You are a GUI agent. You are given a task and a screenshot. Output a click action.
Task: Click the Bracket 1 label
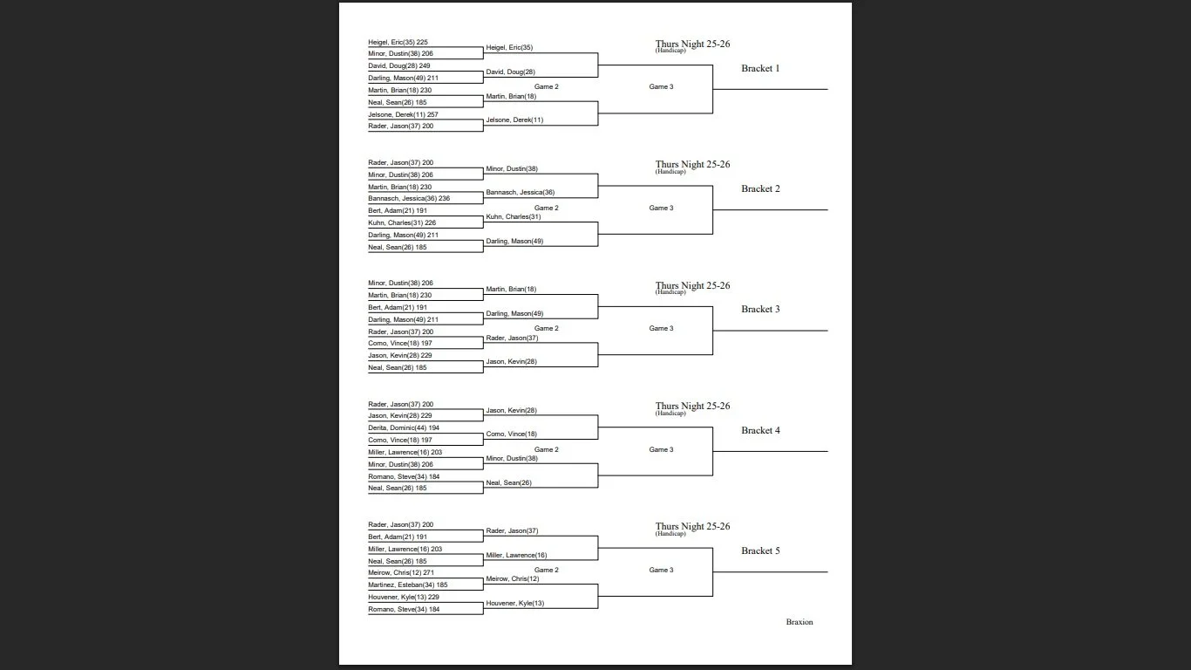(760, 68)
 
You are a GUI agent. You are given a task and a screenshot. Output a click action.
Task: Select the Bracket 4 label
(760, 430)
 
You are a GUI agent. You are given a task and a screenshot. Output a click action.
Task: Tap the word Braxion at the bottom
(799, 622)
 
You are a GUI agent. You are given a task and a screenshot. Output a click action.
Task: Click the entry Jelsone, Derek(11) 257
(403, 114)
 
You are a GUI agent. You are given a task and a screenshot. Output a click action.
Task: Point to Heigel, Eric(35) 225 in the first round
(398, 42)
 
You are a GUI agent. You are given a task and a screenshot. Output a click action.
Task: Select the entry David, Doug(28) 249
(398, 65)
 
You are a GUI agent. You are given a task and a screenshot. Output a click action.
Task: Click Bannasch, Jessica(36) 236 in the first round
(409, 198)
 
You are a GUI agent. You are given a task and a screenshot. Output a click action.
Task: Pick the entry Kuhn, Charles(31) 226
(402, 222)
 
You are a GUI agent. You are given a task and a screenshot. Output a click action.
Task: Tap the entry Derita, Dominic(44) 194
(404, 427)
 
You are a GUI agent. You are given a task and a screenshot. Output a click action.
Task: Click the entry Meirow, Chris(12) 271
(401, 572)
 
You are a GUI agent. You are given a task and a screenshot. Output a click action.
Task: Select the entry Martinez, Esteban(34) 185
(407, 585)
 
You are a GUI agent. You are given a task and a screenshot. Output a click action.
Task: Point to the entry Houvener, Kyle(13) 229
(403, 597)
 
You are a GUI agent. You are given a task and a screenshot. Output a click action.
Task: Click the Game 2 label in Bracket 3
(546, 328)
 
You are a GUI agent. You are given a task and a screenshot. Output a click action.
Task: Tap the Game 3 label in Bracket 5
(661, 570)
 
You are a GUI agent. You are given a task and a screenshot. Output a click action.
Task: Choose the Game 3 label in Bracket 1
(661, 86)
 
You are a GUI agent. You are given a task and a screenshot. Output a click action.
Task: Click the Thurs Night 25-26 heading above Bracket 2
(692, 164)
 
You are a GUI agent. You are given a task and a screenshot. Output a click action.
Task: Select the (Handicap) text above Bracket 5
(670, 534)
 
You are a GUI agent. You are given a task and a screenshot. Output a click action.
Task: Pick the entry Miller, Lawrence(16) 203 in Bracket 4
(405, 452)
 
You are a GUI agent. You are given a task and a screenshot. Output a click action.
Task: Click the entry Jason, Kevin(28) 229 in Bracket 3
(399, 355)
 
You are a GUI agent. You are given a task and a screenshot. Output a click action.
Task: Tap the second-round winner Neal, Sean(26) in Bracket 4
(508, 482)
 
